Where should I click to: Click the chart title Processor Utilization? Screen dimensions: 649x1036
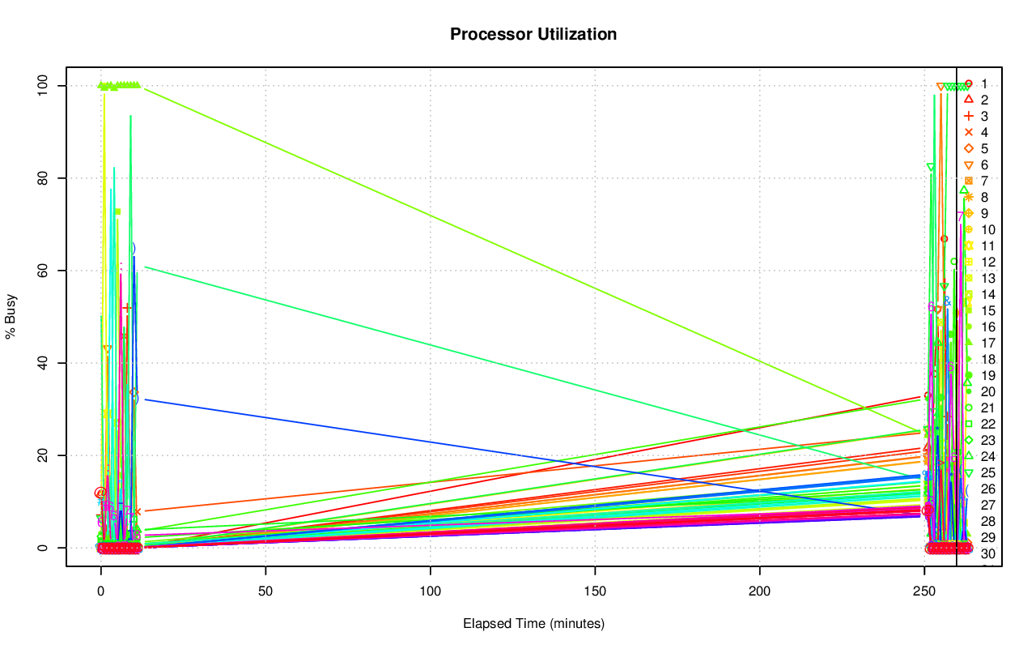click(533, 34)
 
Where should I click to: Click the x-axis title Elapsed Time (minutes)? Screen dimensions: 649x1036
click(533, 624)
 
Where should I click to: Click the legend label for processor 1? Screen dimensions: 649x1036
click(984, 83)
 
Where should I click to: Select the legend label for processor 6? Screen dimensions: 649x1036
click(984, 164)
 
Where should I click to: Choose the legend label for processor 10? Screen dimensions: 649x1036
click(987, 229)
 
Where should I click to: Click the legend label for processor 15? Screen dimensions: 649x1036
click(987, 310)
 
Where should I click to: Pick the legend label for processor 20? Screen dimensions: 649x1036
click(987, 391)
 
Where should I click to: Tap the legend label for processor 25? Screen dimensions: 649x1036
click(987, 472)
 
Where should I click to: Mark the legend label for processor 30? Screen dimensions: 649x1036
click(987, 553)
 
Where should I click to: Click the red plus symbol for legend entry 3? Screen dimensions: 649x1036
click(968, 116)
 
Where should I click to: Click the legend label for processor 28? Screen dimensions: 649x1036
click(987, 521)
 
